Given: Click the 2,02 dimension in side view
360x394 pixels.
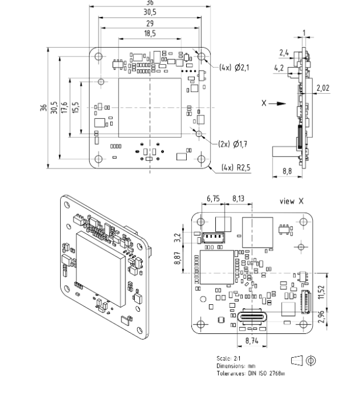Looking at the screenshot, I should pos(323,89).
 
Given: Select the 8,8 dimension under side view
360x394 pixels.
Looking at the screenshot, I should pos(286,171).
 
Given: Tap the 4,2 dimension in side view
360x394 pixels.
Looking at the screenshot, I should pos(280,68).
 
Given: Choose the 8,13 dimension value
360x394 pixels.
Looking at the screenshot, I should pos(239,199).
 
